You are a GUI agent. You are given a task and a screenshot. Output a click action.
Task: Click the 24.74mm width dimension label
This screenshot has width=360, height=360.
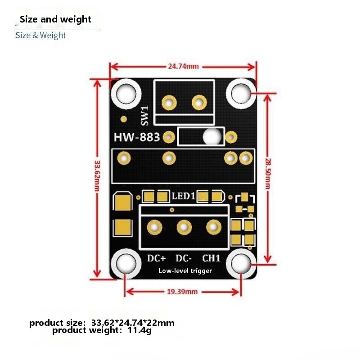click(x=183, y=66)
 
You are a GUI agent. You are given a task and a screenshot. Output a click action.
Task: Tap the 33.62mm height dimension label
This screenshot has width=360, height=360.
click(x=97, y=176)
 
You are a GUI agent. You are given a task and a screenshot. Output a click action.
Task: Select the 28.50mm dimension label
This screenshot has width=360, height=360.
click(x=268, y=174)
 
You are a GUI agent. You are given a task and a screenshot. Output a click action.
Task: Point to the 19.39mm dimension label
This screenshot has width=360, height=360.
click(x=182, y=292)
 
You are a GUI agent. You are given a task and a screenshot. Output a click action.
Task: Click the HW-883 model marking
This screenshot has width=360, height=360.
click(x=137, y=137)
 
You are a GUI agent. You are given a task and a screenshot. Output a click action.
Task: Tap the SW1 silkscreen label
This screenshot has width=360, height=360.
click(x=144, y=116)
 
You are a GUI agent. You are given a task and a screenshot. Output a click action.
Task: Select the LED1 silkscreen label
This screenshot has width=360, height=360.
click(x=183, y=196)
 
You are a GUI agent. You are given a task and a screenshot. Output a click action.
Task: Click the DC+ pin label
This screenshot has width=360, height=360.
click(x=156, y=258)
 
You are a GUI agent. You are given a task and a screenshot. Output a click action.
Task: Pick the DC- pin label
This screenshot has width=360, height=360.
click(x=184, y=258)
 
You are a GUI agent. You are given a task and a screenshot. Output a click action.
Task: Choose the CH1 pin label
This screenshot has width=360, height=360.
click(x=211, y=258)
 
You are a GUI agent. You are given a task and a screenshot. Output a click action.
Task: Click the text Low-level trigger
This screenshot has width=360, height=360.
click(x=185, y=271)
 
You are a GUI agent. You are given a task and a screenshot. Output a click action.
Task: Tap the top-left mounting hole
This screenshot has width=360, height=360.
click(x=126, y=94)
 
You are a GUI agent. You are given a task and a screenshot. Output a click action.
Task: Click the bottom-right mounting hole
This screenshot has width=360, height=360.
click(x=241, y=264)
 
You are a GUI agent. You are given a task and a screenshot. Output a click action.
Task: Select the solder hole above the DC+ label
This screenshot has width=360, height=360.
click(x=154, y=227)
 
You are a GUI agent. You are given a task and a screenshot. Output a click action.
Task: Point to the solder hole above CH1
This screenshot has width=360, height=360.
click(x=214, y=227)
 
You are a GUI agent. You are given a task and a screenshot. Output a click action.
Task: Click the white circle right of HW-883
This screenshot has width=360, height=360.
click(x=212, y=137)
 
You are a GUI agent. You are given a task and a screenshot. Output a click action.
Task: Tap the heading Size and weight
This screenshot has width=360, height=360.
click(x=55, y=19)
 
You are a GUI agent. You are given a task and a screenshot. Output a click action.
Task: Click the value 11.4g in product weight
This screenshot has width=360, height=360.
click(x=139, y=330)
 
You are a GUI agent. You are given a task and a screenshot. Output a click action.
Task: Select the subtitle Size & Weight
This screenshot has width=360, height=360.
click(x=40, y=36)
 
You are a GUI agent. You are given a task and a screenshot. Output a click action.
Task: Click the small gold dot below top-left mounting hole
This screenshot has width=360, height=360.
click(x=124, y=119)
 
